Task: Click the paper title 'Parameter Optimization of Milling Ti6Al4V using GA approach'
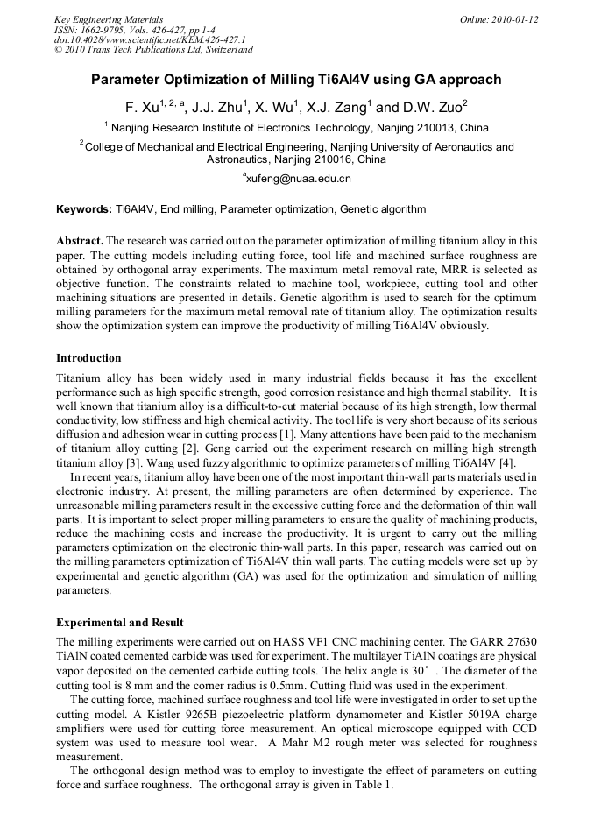296,80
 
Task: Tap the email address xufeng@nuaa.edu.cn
296,178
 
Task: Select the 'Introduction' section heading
88,358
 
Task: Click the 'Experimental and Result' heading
120,623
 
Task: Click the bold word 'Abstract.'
80,240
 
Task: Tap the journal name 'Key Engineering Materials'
108,19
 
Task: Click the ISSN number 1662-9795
103,30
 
